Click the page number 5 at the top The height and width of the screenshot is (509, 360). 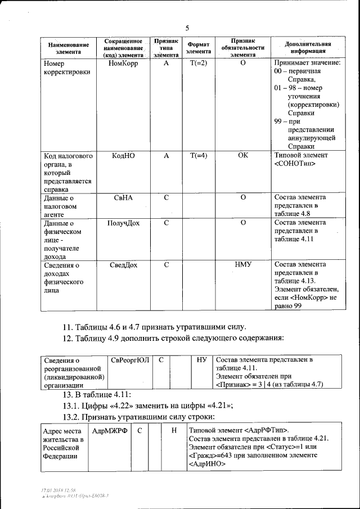click(187, 28)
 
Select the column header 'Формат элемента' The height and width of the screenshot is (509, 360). click(198, 47)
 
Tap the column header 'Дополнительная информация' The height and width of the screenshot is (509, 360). click(307, 47)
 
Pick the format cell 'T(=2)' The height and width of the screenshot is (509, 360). click(198, 64)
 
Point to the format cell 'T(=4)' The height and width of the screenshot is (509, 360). click(198, 156)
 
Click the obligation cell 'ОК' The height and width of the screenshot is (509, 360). click(242, 156)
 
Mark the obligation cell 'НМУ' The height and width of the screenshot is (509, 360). click(242, 264)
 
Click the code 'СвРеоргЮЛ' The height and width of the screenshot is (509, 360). click(129, 359)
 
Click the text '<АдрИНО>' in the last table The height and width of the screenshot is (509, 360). click(206, 465)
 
